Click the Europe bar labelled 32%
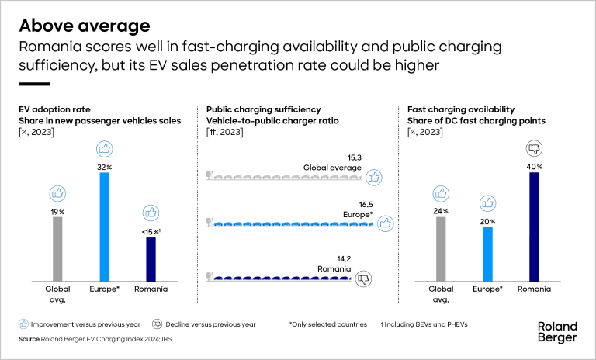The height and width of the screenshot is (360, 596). click(105, 226)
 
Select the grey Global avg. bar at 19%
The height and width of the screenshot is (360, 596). click(57, 248)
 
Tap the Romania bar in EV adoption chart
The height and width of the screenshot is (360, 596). click(151, 258)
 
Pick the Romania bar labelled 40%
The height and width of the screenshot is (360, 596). click(534, 226)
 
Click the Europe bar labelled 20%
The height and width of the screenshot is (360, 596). click(487, 253)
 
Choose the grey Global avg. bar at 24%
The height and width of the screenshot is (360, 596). click(441, 248)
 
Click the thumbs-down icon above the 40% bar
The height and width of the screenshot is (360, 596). click(534, 147)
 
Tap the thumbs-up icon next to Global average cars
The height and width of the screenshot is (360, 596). click(374, 178)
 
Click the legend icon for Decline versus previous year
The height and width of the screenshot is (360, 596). click(157, 324)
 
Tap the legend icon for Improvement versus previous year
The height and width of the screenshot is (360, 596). click(25, 324)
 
